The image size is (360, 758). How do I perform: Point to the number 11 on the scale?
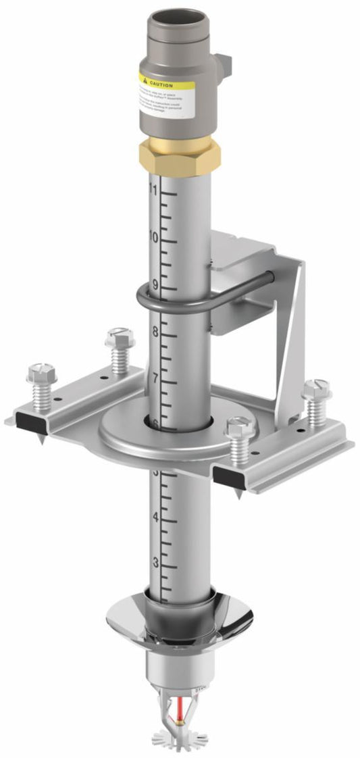153,190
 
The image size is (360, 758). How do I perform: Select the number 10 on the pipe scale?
153,237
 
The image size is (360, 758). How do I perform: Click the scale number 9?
155,284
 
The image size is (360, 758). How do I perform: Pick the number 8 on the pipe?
155,332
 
